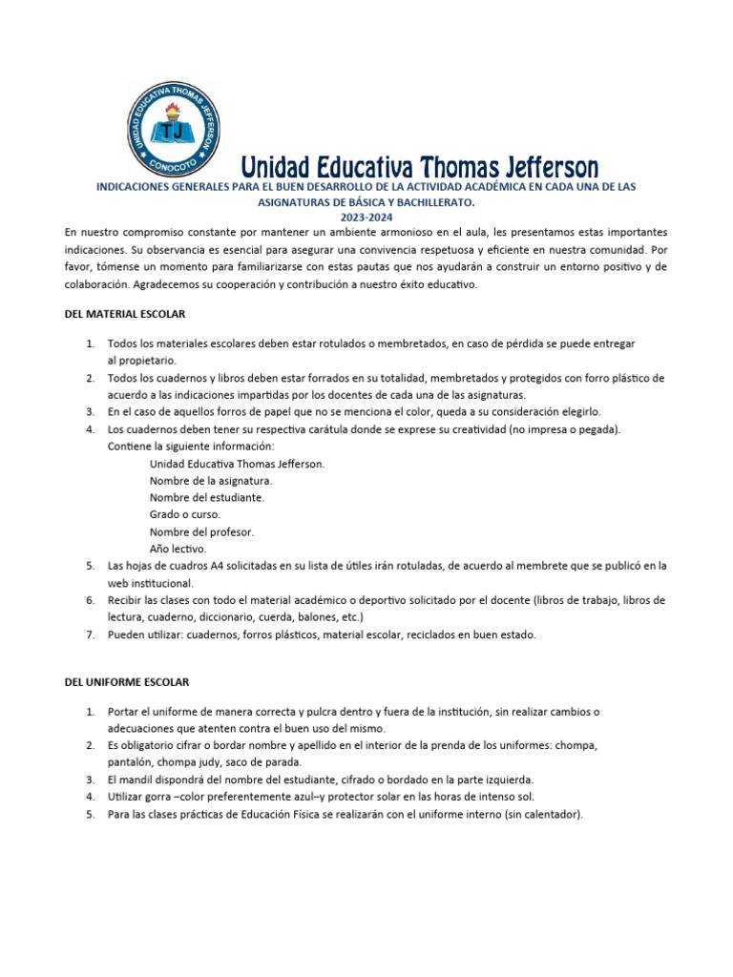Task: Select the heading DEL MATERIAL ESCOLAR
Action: click(125, 314)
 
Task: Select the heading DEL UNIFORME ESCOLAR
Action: click(127, 682)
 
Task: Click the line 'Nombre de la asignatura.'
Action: click(211, 480)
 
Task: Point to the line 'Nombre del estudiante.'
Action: click(207, 497)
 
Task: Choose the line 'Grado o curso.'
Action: click(185, 514)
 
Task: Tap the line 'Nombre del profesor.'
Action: click(201, 531)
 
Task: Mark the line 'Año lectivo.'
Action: click(178, 549)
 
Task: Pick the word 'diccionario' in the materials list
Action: click(246, 617)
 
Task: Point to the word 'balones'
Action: click(342, 617)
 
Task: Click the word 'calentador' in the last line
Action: click(548, 814)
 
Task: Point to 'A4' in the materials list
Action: click(222, 566)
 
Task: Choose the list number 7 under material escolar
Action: click(89, 634)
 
